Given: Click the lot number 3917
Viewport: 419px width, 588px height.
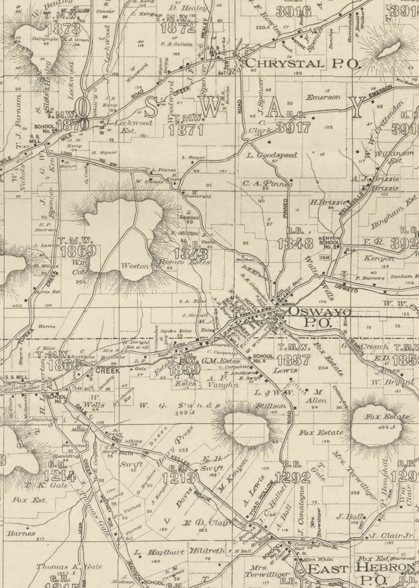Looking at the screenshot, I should pos(293,128).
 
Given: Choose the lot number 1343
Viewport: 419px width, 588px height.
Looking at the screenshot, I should pos(191,253).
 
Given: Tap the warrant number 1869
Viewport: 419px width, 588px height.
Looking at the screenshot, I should pos(78,251).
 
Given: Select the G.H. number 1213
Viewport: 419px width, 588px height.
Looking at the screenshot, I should pos(178,478).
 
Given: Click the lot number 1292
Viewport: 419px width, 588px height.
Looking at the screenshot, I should pos(293,477).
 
